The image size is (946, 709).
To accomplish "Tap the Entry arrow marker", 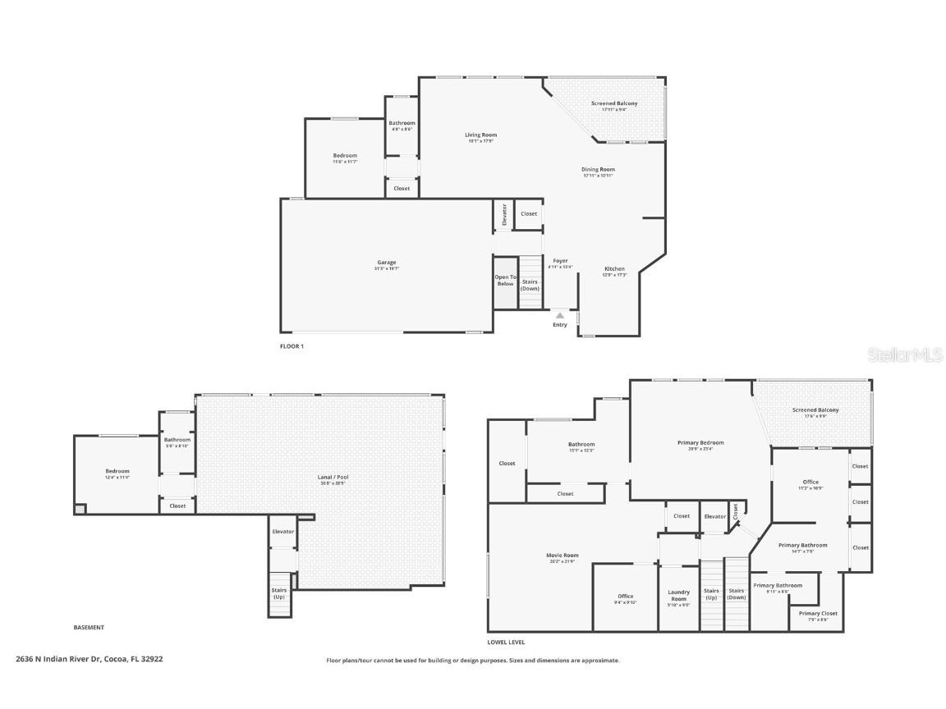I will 559,315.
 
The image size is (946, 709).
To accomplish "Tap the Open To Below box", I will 505,281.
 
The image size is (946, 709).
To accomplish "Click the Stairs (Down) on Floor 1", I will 530,285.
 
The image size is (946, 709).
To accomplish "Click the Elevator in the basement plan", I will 282,532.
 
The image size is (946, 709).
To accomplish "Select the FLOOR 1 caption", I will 292,346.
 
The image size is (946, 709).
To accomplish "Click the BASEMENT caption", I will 89,628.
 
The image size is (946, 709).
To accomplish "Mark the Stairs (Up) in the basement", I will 279,592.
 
